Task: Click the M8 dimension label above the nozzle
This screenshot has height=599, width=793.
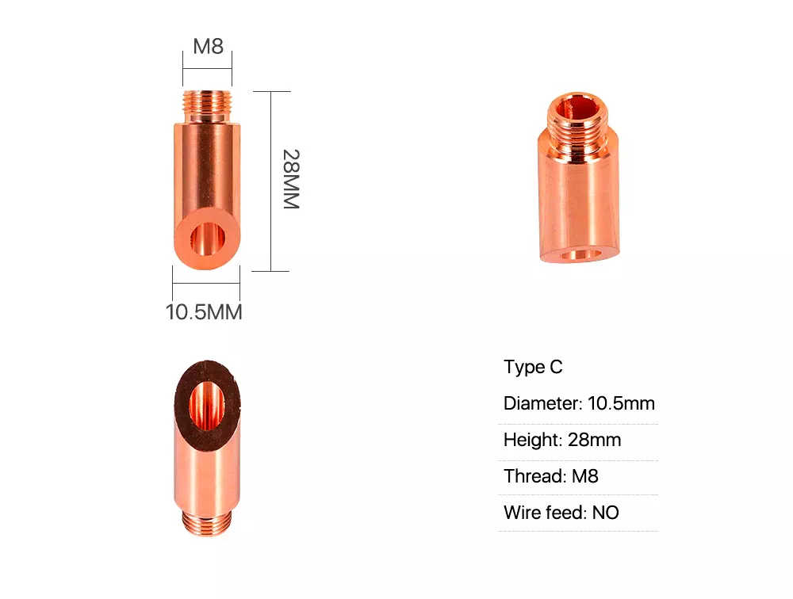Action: pos(208,46)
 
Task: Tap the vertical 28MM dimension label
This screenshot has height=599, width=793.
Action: pos(291,179)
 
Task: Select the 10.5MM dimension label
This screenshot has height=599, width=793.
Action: pos(204,312)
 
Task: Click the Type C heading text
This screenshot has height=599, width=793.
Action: pos(533,367)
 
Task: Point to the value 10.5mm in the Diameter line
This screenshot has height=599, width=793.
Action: pos(621,403)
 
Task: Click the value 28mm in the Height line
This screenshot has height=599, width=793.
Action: pos(594,440)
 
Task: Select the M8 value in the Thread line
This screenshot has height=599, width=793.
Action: pos(585,476)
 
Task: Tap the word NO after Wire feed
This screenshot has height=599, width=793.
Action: pos(605,513)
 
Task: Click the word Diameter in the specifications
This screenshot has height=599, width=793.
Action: pos(542,403)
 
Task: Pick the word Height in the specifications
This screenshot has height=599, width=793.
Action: pos(533,440)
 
